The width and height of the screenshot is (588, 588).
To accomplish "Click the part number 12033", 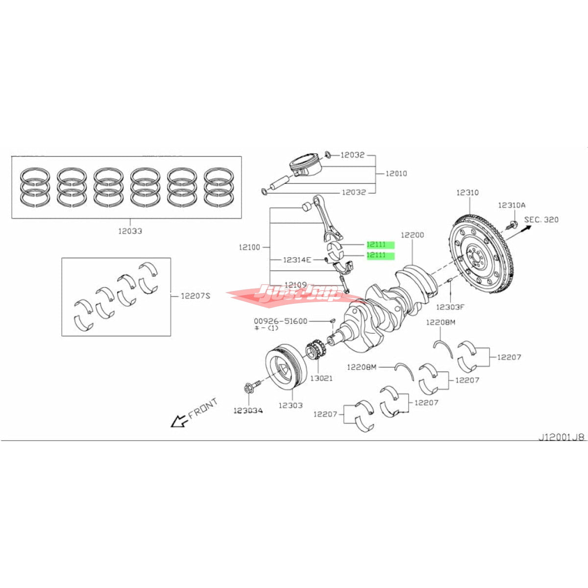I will (x=130, y=231).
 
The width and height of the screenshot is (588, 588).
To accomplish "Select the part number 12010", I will (x=396, y=173).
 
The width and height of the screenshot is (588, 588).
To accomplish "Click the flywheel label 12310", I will (x=467, y=193).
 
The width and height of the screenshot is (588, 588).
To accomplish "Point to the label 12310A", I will (x=512, y=205).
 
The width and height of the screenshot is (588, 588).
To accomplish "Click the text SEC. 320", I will (x=541, y=220).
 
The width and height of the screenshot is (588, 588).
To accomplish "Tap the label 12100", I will (x=249, y=247).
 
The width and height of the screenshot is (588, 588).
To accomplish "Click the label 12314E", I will (x=297, y=259).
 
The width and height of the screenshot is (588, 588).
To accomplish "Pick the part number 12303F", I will (x=450, y=307).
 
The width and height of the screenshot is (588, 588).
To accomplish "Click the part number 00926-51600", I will (x=280, y=321).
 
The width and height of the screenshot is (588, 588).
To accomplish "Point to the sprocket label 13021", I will (x=320, y=378).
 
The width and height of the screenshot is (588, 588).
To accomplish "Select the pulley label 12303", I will (x=291, y=405).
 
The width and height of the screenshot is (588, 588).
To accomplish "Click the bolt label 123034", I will (x=248, y=410).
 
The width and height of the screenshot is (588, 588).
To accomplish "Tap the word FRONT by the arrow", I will (x=202, y=408).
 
